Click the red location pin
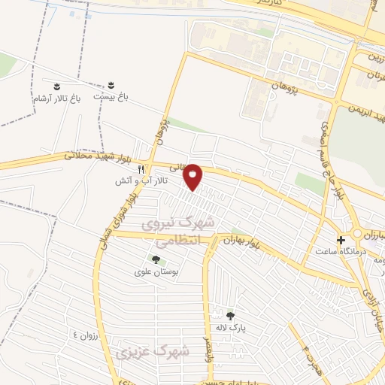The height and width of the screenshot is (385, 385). coord(194,177)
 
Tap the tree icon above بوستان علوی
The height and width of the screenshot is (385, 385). coord(156,260)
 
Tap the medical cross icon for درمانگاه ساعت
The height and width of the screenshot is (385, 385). coord(341,240)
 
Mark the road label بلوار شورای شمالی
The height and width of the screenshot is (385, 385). coord(110,223)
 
